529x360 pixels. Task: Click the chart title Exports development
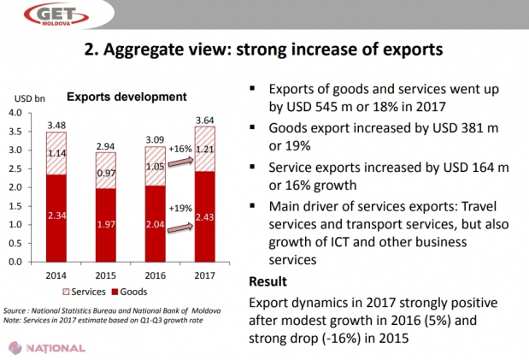pyautogui.click(x=115, y=97)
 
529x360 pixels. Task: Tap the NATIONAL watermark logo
pyautogui.click(x=50, y=348)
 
